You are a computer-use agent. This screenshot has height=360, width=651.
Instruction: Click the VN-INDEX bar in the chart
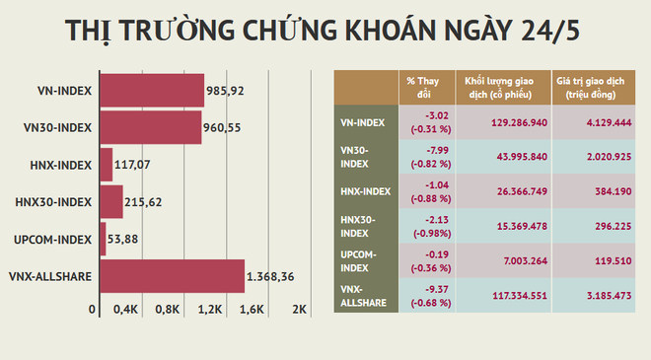click(x=152, y=90)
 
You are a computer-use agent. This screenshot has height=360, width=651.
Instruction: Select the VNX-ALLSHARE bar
click(x=172, y=276)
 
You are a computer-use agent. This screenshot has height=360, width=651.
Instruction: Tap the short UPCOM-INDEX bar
click(x=103, y=239)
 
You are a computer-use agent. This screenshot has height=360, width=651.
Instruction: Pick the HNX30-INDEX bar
click(x=110, y=202)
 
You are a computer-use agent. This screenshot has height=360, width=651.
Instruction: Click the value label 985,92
click(x=225, y=91)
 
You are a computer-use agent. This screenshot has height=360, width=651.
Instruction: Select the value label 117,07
click(x=134, y=165)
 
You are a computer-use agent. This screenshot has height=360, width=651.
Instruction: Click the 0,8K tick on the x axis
click(x=168, y=309)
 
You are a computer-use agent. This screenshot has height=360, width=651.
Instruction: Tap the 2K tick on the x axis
click(x=300, y=309)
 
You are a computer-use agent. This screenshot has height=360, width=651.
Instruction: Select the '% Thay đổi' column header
click(x=425, y=86)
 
